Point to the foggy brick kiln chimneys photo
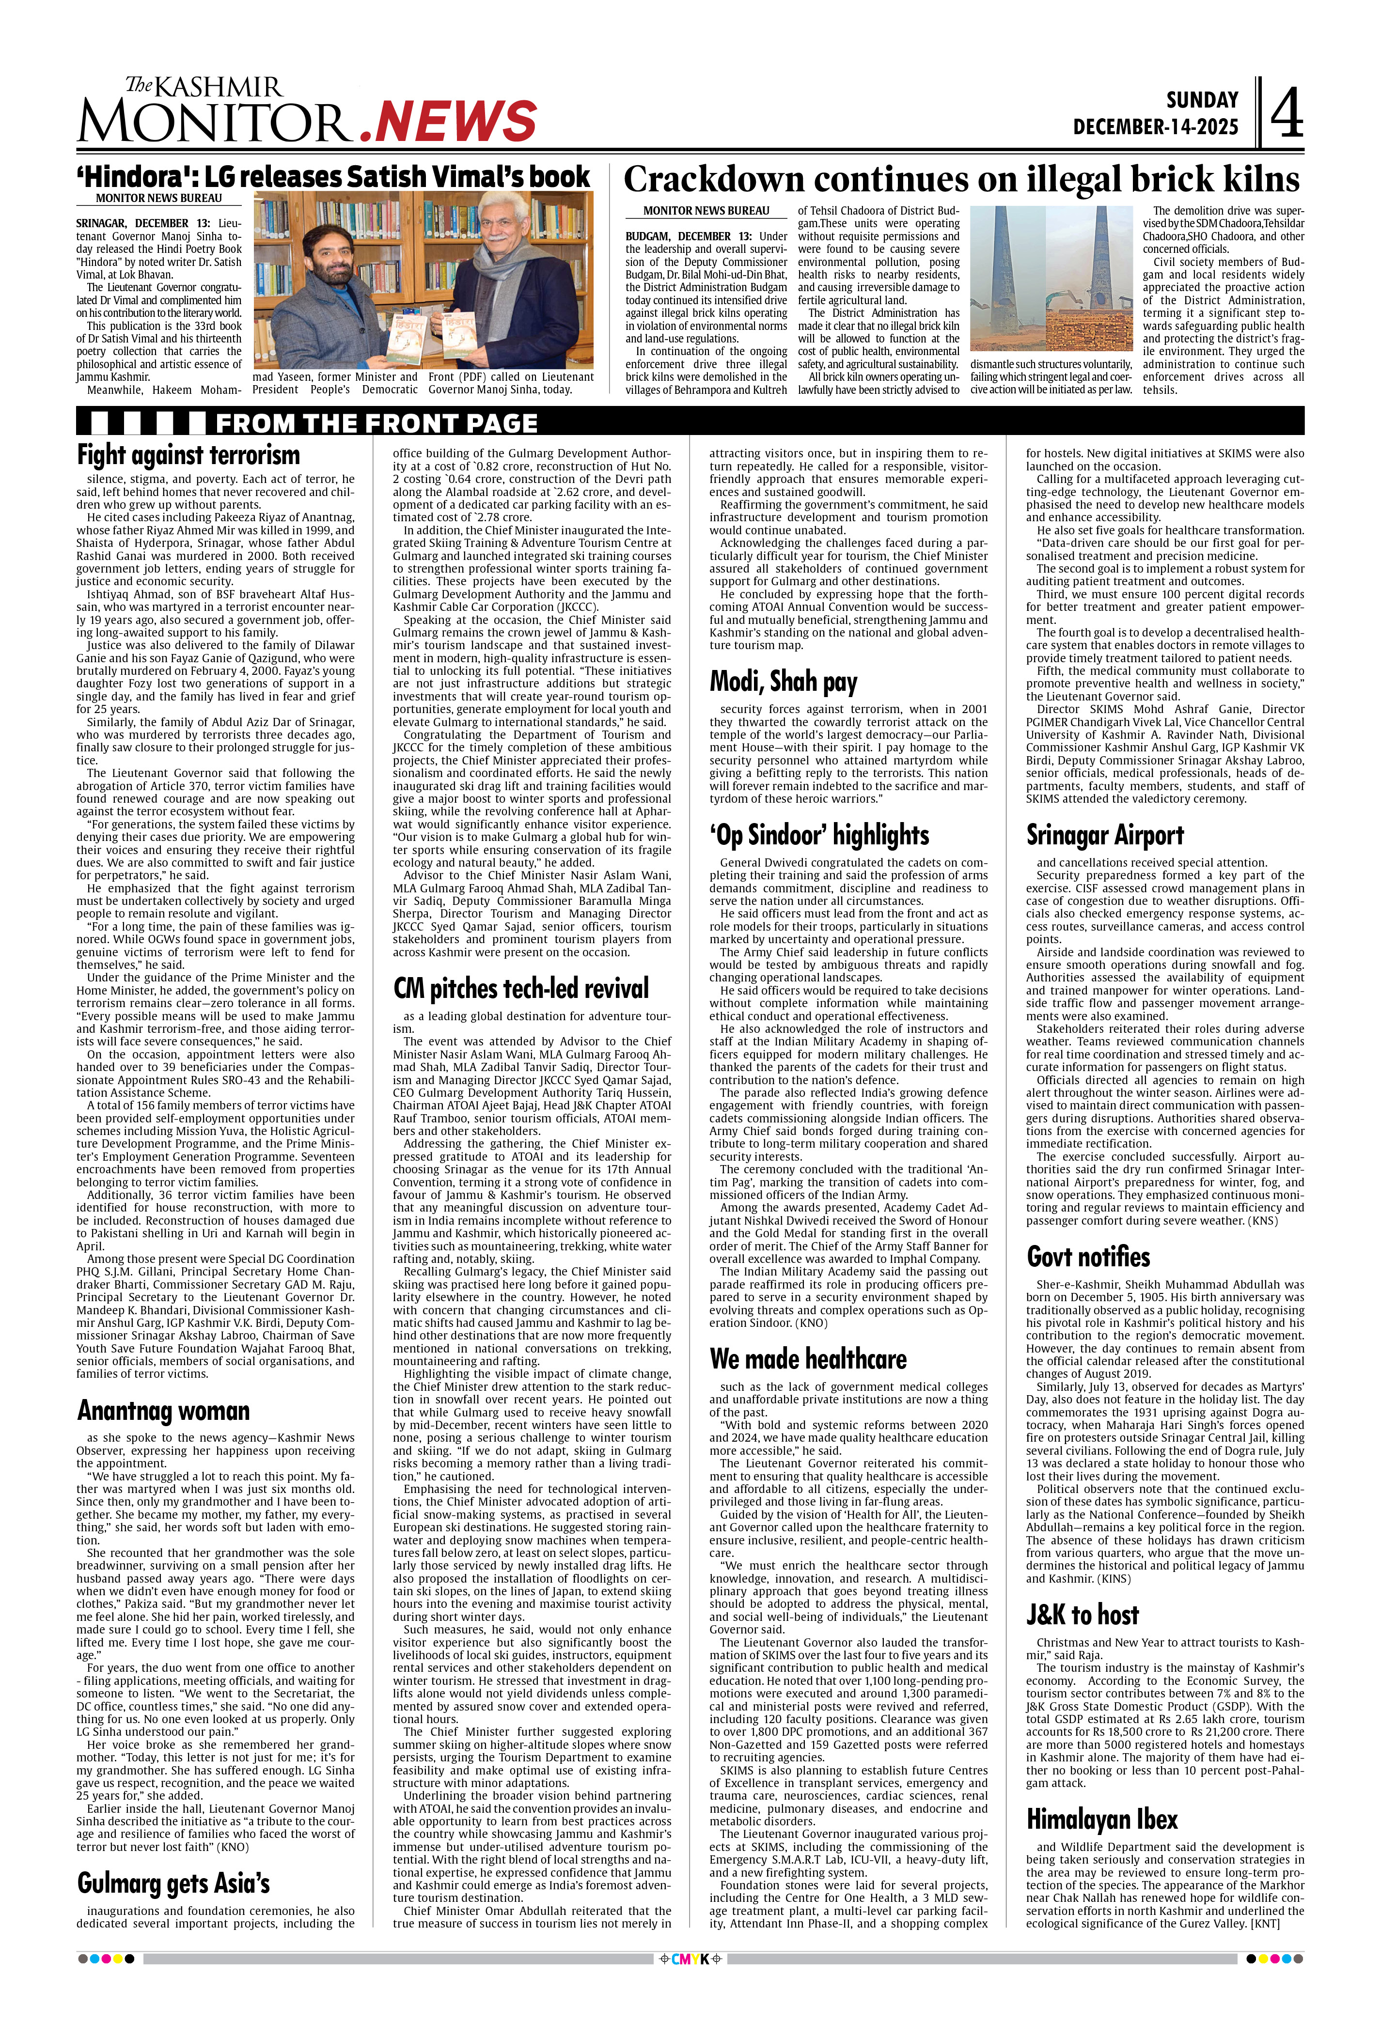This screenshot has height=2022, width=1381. pos(1051,279)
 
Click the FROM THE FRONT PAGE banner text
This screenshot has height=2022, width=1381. pos(376,424)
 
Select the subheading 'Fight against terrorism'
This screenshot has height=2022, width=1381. pos(188,455)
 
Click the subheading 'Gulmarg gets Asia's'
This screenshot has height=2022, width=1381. pos(173,1883)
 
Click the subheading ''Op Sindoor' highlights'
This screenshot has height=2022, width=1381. pos(819,835)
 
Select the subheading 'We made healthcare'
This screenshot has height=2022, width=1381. pos(808,1359)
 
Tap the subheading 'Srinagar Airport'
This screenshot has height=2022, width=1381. pos(1104,835)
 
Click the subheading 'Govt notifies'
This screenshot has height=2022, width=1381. pos(1088,1257)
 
